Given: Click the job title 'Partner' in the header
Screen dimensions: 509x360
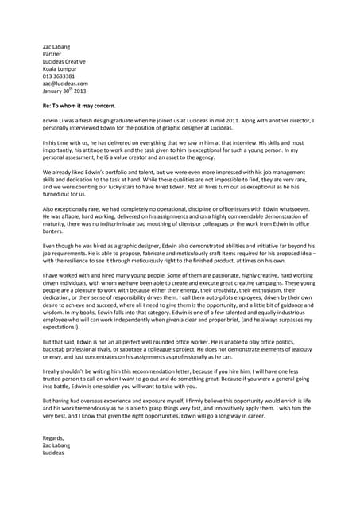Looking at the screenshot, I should pyautogui.click(x=53, y=54).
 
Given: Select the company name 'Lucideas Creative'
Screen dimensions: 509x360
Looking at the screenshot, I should pyautogui.click(x=64, y=61).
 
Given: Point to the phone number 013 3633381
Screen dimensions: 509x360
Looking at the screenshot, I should pyautogui.click(x=59, y=76).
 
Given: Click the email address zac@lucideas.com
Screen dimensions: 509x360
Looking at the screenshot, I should pyautogui.click(x=64, y=83).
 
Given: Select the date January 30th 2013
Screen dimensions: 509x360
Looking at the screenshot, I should pyautogui.click(x=64, y=90).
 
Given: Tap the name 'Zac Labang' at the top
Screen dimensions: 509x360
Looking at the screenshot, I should pyautogui.click(x=56, y=47).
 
